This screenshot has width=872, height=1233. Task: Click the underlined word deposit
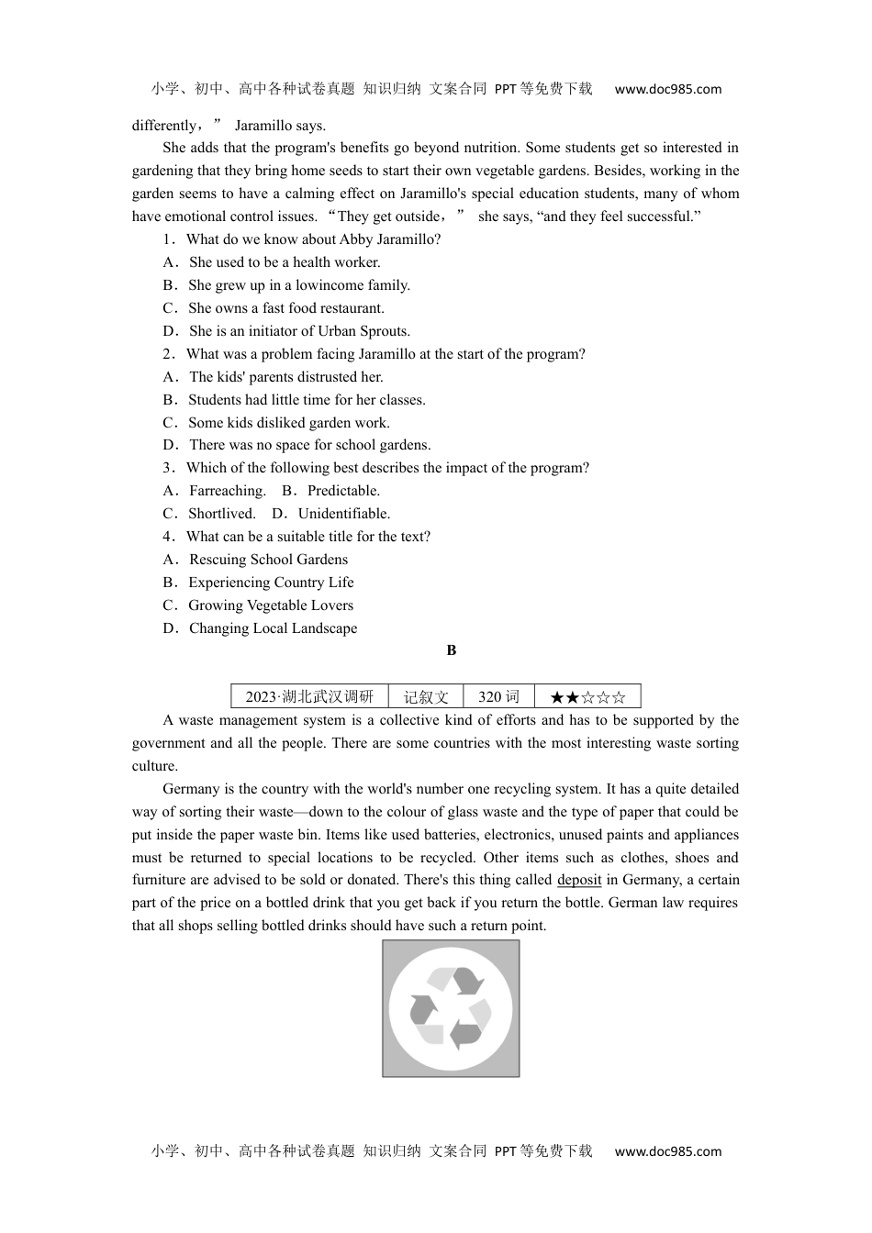coord(579,880)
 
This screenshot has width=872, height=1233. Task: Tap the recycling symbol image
coord(451,1008)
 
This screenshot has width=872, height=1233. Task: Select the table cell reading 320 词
coord(498,696)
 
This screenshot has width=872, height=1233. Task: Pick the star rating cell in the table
coord(587,696)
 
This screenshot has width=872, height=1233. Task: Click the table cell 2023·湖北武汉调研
coord(309,696)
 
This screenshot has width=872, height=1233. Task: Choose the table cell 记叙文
coord(426,696)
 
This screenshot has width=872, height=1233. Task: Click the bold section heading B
coord(451,650)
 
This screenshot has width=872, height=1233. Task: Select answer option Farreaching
coord(227,491)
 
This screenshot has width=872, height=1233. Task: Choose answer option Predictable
coord(342,491)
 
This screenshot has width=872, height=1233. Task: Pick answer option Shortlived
coord(221,514)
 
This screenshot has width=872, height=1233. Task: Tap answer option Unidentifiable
coord(343,514)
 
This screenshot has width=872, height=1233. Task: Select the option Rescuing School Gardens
coord(268,560)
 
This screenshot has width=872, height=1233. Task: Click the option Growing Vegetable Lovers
coord(270,605)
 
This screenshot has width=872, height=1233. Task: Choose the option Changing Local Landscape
coord(273,628)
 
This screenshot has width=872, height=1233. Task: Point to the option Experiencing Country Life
coord(271,583)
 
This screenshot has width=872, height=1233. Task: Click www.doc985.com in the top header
coord(667,89)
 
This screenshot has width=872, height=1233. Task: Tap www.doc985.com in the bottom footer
coord(667,1151)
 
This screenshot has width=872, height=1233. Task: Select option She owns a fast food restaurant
coord(285,308)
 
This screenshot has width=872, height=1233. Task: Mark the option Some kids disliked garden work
coord(288,423)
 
